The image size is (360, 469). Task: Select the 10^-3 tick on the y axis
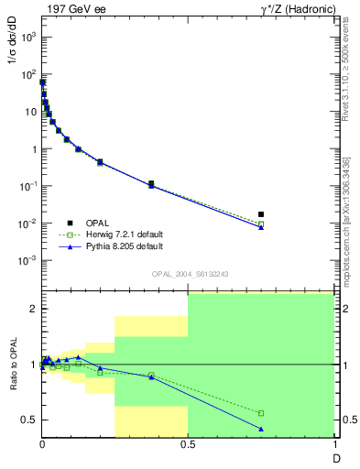coord(29,260)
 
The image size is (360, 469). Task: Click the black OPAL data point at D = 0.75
coord(261,214)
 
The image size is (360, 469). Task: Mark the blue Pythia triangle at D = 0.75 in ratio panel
coord(261,429)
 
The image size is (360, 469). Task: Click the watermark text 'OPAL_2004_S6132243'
coord(188,275)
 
